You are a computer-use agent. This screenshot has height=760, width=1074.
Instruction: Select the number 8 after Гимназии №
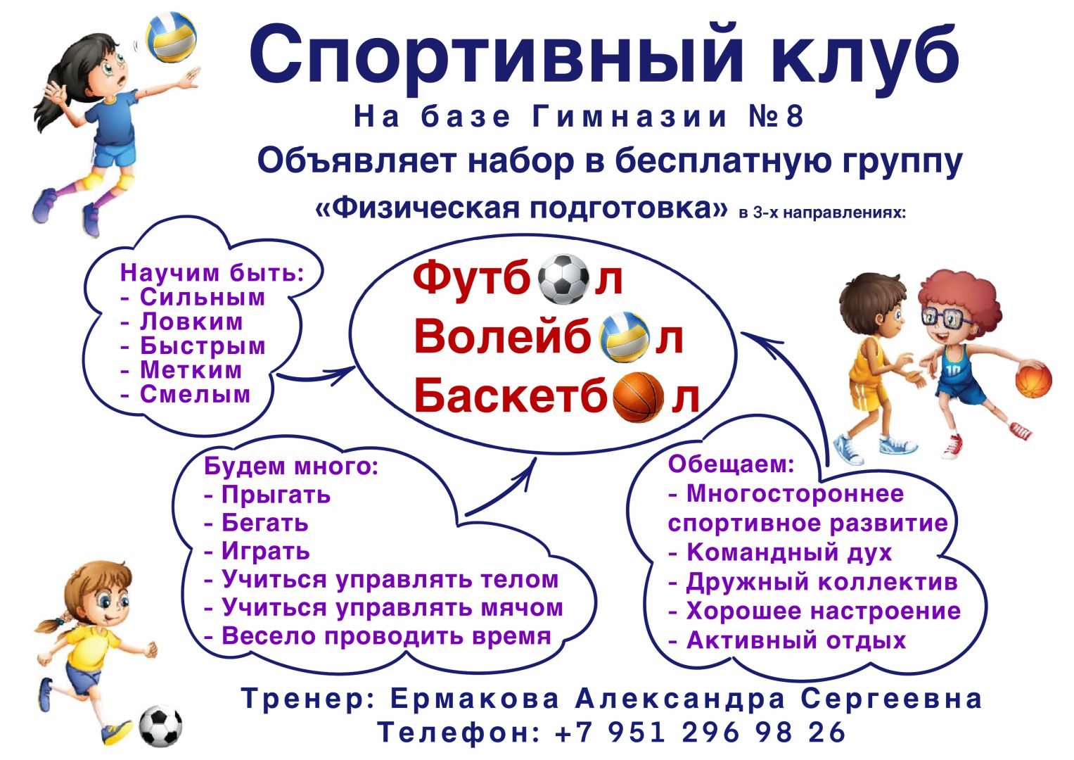pyautogui.click(x=795, y=117)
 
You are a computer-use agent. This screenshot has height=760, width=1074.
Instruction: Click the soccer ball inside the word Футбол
pyautogui.click(x=563, y=279)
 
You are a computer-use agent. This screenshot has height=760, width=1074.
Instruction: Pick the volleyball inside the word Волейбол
pyautogui.click(x=625, y=337)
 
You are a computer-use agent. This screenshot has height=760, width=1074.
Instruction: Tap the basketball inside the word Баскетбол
pyautogui.click(x=638, y=398)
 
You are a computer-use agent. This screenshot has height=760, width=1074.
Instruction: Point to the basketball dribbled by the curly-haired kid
pyautogui.click(x=1033, y=379)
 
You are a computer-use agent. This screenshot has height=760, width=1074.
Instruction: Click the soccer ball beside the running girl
pyautogui.click(x=160, y=726)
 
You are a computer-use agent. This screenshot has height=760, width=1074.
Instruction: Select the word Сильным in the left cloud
pyautogui.click(x=203, y=298)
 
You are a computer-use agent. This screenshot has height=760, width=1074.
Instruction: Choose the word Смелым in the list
pyautogui.click(x=195, y=395)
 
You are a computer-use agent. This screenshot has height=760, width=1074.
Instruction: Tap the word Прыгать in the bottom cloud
pyautogui.click(x=276, y=495)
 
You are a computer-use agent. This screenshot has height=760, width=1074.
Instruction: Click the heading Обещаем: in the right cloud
pyautogui.click(x=731, y=464)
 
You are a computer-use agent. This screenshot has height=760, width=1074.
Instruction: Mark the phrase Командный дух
pyautogui.click(x=789, y=552)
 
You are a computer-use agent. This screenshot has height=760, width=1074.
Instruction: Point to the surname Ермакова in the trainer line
pyautogui.click(x=475, y=699)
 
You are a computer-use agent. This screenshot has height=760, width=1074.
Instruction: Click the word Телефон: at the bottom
pyautogui.click(x=459, y=733)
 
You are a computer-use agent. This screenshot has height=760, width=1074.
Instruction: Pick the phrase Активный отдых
pyautogui.click(x=796, y=640)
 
